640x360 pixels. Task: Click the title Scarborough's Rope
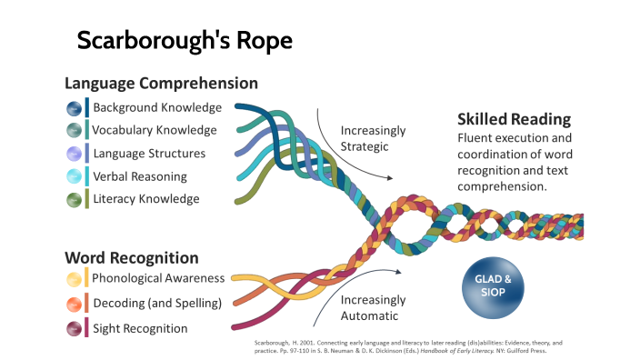pos(185,41)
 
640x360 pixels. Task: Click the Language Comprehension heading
pos(161,83)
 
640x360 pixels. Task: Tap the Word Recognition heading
pos(132,257)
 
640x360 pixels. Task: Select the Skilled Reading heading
pos(514,119)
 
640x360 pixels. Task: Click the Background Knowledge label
pos(157,107)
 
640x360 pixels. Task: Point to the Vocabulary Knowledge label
pos(155,130)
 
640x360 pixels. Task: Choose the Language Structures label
pos(149,153)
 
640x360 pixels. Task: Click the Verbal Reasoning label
pos(140,175)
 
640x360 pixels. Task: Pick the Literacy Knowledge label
pos(145,198)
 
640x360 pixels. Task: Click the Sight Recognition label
pos(140,327)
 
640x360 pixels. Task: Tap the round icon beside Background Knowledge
pos(74,108)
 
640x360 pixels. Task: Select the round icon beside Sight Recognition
pos(74,327)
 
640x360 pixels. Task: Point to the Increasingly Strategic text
pos(373,138)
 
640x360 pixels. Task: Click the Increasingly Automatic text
pos(373,307)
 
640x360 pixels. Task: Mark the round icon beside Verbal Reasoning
pos(74,176)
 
